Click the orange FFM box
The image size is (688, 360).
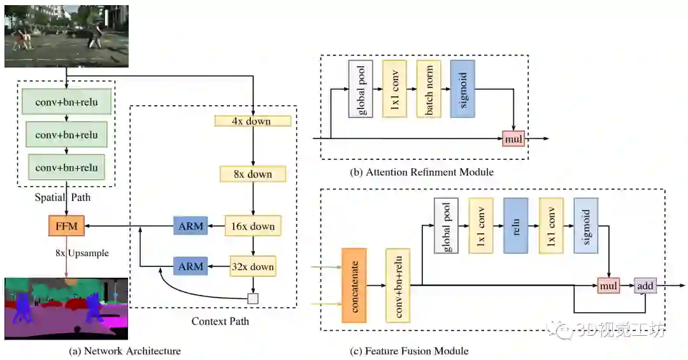(66, 226)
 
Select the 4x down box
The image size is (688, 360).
(253, 120)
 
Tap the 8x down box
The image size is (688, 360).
(253, 174)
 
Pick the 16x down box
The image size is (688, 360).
(253, 226)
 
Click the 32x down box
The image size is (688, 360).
(253, 266)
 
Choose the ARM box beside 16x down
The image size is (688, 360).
(190, 226)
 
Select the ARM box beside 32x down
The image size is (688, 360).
(190, 266)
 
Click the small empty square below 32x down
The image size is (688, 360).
(253, 299)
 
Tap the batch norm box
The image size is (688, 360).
(429, 89)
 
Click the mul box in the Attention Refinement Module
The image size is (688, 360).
(513, 139)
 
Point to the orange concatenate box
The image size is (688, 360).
(354, 285)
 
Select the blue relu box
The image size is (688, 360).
(515, 226)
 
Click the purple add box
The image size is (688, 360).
(645, 286)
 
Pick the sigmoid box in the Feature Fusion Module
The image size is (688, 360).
(586, 226)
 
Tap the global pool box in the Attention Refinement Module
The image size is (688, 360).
(361, 89)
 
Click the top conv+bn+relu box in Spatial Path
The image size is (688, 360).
(66, 102)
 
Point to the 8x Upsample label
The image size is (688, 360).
(82, 253)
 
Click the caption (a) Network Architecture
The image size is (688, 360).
(125, 351)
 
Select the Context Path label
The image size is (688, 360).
(220, 321)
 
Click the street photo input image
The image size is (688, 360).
(66, 36)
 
